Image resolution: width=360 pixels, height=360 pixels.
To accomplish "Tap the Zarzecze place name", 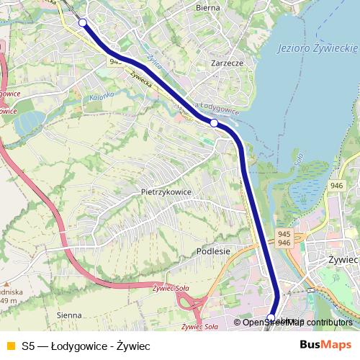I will point(227,63).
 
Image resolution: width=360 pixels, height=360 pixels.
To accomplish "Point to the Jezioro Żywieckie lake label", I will point(318,48).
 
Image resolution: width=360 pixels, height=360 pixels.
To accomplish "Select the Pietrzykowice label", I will point(166,193).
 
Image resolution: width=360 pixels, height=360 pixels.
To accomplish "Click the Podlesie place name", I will point(212,251).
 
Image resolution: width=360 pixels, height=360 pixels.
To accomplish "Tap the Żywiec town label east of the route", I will point(343,259).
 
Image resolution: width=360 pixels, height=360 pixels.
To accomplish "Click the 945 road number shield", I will point(284,234).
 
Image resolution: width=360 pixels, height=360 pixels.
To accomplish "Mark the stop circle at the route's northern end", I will point(83,22).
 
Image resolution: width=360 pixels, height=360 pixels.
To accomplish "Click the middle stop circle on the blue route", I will point(214,123).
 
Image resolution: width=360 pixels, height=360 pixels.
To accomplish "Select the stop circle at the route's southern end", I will point(271,318).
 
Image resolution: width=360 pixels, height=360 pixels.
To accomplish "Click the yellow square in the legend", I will point(10,346).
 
